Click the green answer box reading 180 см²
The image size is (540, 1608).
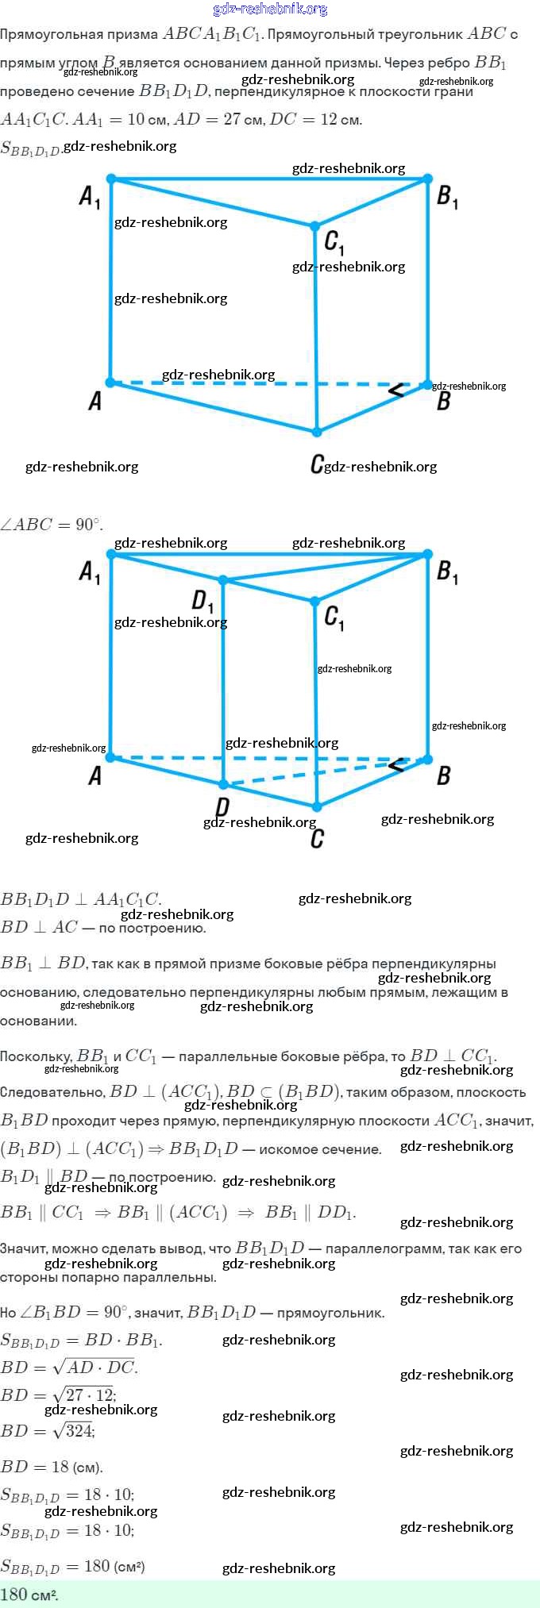(x=270, y=1594)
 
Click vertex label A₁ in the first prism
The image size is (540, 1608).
(x=90, y=197)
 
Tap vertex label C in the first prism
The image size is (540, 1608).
(x=317, y=464)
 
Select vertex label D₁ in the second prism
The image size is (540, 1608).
(x=202, y=602)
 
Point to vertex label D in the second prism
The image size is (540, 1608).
(x=222, y=807)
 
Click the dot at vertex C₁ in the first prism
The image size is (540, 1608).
(x=315, y=227)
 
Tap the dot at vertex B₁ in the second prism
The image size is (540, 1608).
(x=428, y=554)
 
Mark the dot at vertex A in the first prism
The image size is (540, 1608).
(x=110, y=383)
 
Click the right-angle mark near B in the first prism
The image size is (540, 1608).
(x=395, y=389)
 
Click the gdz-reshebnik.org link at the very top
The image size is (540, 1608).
(x=271, y=9)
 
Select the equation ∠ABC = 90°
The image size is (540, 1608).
(x=52, y=525)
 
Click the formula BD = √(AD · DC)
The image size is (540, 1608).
(x=70, y=1367)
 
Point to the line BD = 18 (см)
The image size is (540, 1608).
(x=52, y=1466)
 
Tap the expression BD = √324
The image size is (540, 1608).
(x=48, y=1430)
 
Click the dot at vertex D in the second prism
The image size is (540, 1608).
(x=223, y=785)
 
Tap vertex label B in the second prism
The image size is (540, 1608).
(x=444, y=775)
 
